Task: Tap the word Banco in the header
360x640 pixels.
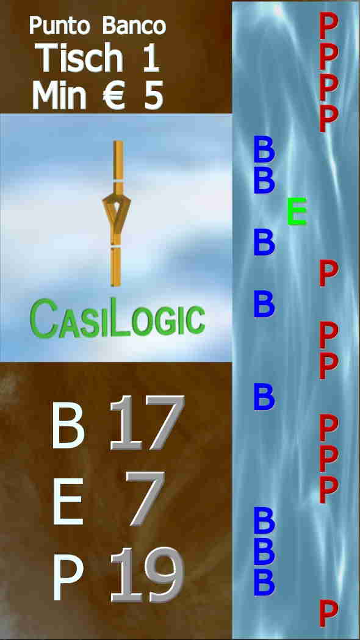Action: [134, 26]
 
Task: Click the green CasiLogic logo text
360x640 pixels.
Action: [117, 318]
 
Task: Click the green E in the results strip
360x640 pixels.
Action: [297, 211]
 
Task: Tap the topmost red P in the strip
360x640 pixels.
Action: [328, 25]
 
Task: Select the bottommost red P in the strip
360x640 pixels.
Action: [328, 613]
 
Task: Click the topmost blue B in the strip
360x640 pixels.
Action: [264, 149]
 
